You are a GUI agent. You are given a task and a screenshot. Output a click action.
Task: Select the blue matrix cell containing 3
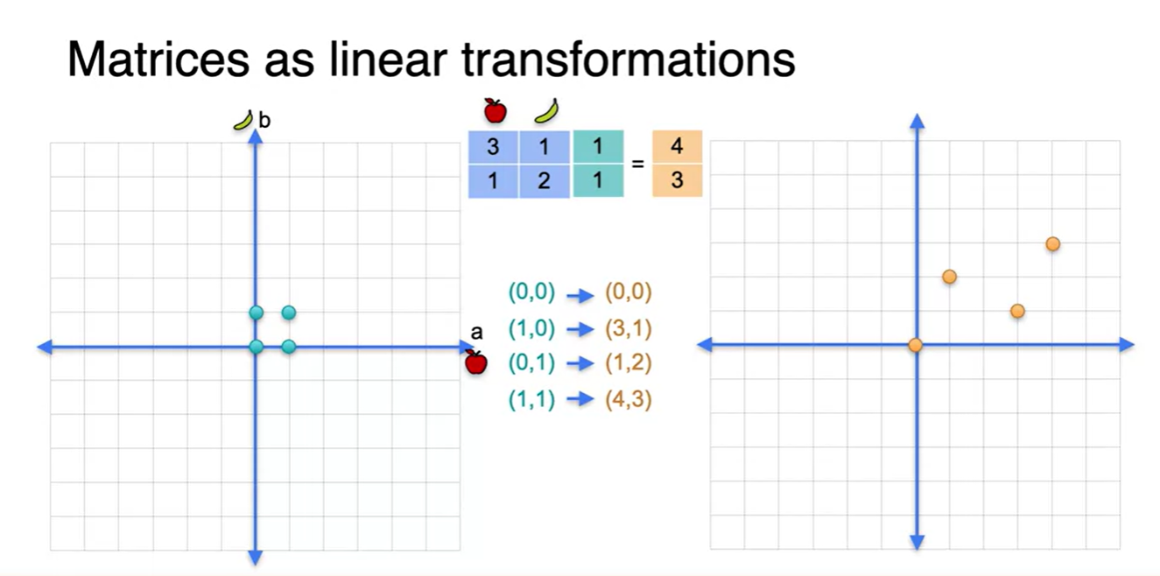pos(493,146)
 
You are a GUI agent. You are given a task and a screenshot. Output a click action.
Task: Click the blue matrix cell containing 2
pos(545,181)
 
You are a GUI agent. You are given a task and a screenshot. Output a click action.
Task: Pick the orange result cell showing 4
pos(677,146)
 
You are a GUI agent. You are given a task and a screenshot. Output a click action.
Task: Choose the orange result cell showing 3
pos(677,181)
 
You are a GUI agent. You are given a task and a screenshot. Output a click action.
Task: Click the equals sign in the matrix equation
pos(637,163)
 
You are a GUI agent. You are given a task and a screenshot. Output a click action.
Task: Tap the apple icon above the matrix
pos(495,110)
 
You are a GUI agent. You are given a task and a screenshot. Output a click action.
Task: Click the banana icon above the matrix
pos(546,110)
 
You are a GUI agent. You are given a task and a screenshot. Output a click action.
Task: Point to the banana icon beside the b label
pos(243,120)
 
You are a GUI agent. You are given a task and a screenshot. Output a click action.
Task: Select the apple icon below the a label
pos(475,362)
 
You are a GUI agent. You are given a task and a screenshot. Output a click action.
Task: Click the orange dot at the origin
pos(916,345)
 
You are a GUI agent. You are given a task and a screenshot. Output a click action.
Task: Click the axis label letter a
pos(476,333)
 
